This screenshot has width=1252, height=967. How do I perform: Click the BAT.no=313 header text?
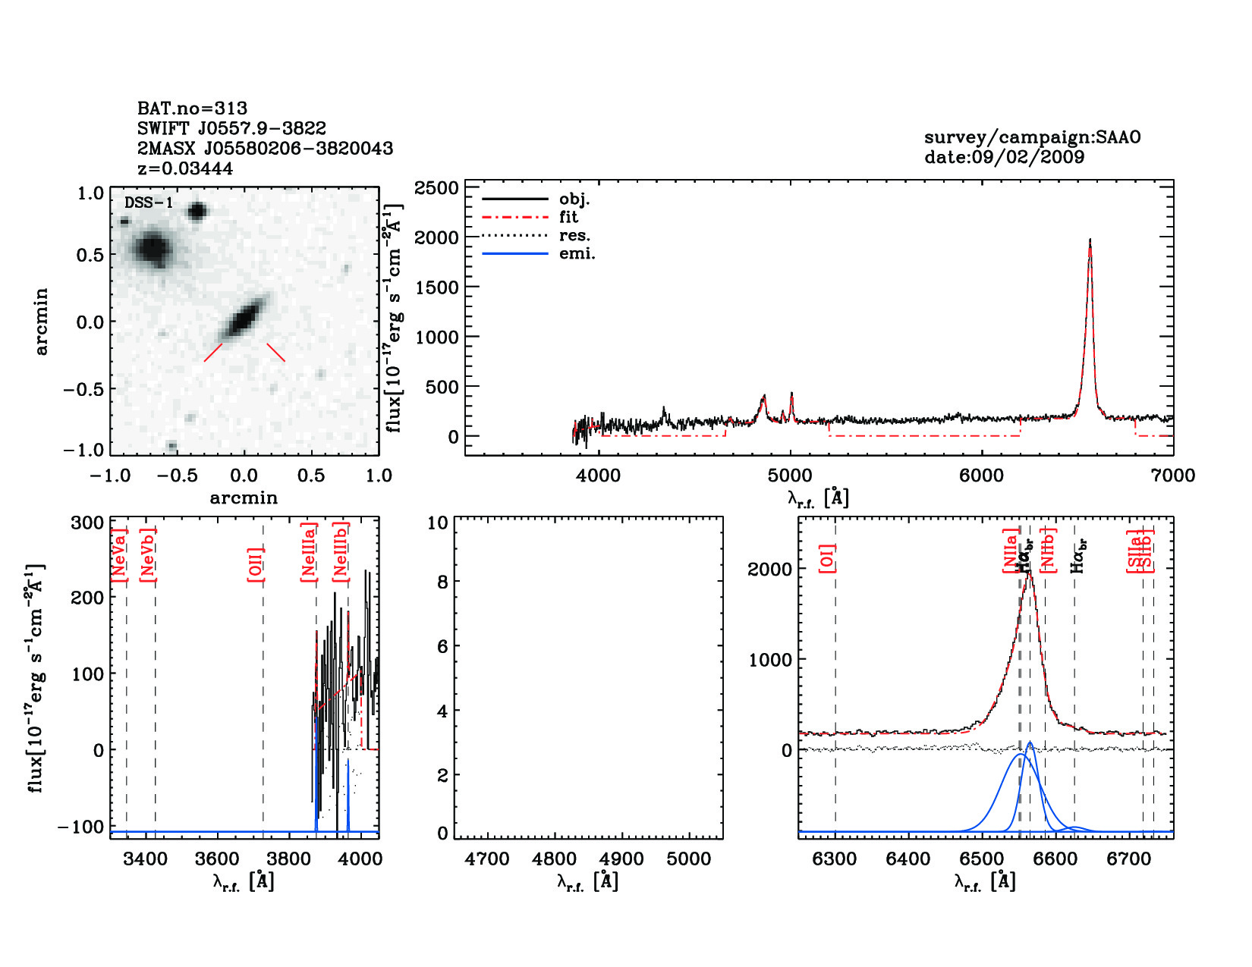click(192, 108)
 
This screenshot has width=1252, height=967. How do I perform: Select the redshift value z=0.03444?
click(185, 168)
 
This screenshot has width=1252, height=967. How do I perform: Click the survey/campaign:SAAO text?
click(1032, 137)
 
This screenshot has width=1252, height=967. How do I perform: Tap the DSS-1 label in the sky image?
click(149, 203)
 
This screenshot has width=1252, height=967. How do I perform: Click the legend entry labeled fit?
click(568, 217)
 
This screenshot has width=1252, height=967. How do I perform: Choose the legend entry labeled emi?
click(577, 253)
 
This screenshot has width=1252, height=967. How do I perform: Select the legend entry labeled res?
click(574, 235)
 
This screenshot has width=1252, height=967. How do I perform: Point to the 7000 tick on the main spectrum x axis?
click(1172, 476)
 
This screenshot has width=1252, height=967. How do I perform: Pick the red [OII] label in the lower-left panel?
click(256, 564)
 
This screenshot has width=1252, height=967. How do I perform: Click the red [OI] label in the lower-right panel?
click(827, 557)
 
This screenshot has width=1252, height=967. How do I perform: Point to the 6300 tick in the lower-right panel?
click(835, 859)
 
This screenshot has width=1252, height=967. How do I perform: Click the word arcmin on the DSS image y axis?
click(41, 321)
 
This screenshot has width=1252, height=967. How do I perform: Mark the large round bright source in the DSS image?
click(153, 248)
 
